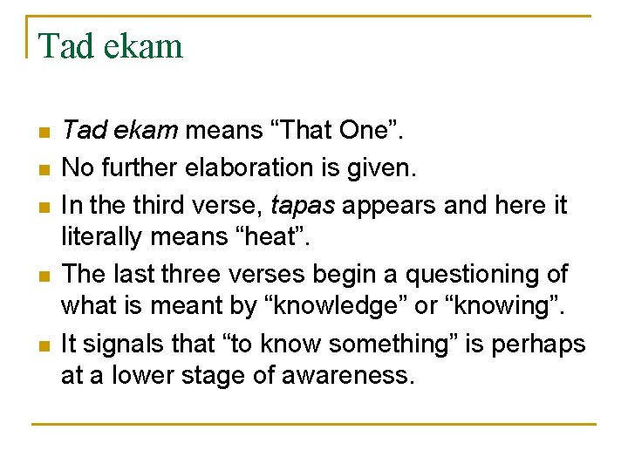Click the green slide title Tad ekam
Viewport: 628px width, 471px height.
coord(111,44)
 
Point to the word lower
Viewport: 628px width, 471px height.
coord(126,376)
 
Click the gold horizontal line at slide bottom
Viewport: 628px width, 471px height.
coord(314,425)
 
